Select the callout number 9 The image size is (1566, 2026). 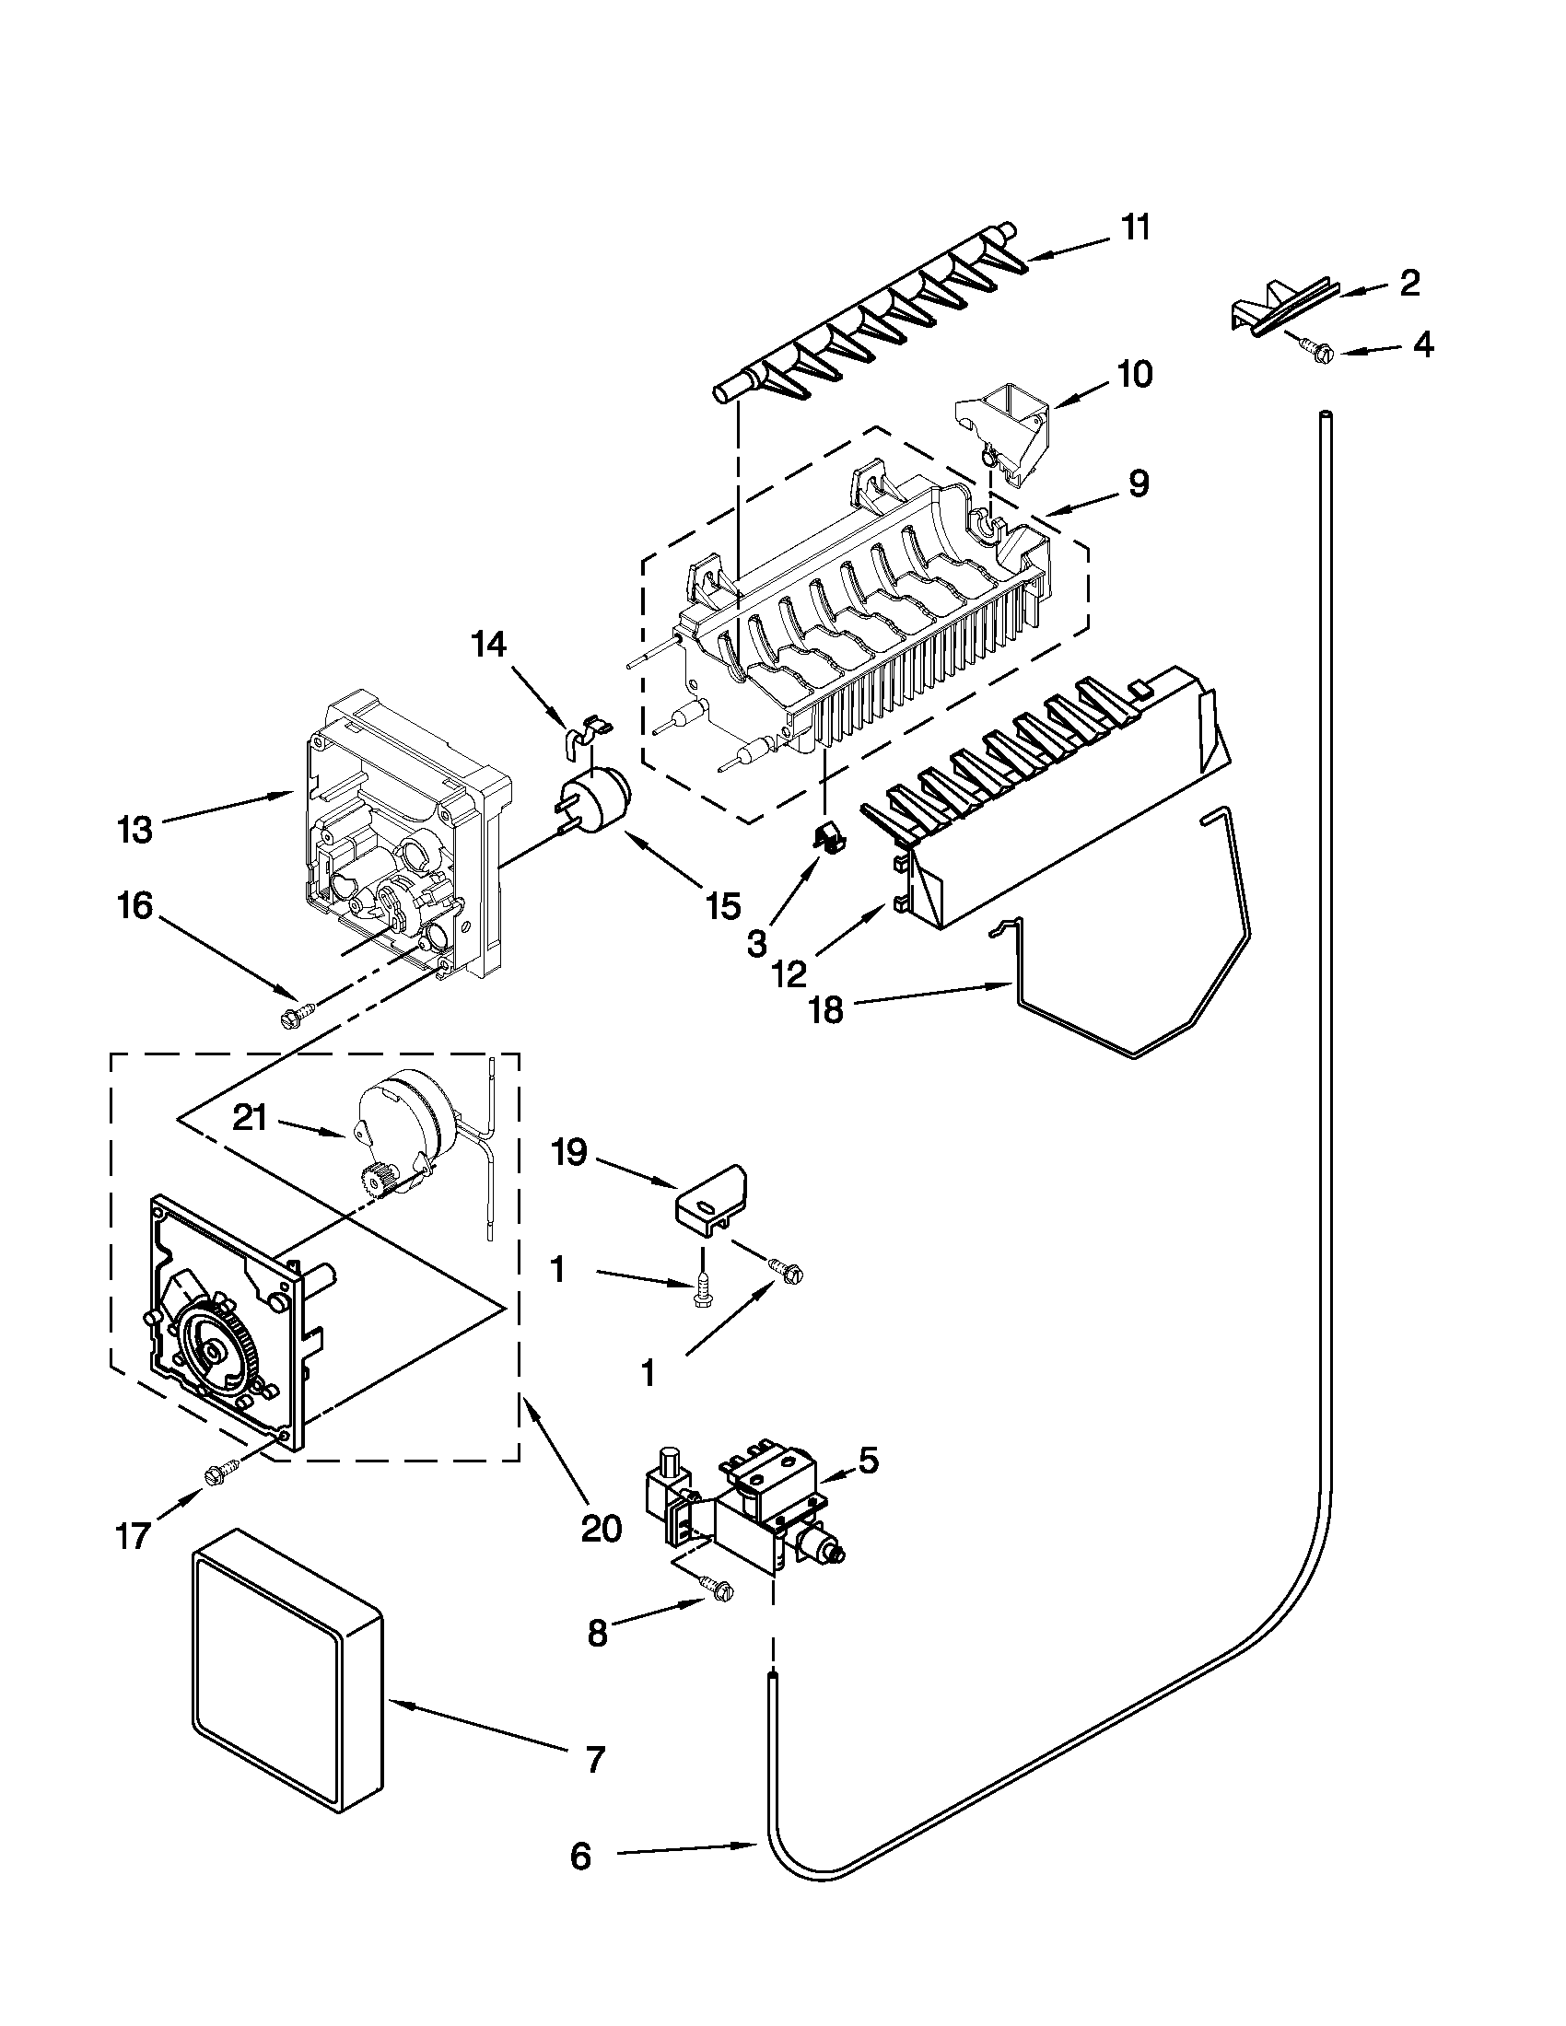click(1139, 483)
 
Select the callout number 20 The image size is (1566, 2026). click(601, 1528)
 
